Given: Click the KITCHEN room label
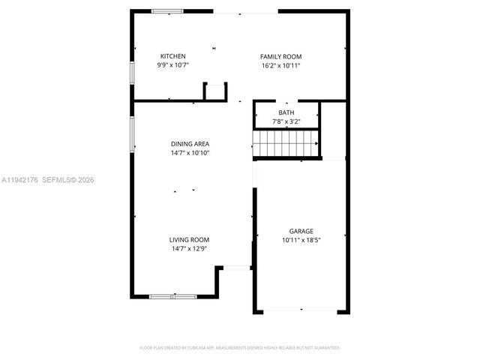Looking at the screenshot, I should pyautogui.click(x=172, y=56).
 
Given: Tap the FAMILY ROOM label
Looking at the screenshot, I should pyautogui.click(x=280, y=56).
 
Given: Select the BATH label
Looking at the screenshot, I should pyautogui.click(x=286, y=112).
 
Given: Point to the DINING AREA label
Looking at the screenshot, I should pyautogui.click(x=190, y=143).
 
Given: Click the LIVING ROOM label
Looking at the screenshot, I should pyautogui.click(x=189, y=239).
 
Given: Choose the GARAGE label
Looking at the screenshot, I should pyautogui.click(x=301, y=231).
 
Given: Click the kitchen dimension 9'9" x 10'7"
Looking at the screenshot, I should pyautogui.click(x=172, y=65).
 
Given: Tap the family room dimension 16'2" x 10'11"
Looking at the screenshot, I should pyautogui.click(x=280, y=65).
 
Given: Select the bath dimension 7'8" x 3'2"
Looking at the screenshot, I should pyautogui.click(x=286, y=121).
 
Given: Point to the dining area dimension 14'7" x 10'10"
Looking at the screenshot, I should pyautogui.click(x=190, y=152).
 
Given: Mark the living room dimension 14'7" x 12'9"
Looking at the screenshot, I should pyautogui.click(x=189, y=248).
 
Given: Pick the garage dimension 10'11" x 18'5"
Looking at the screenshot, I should pyautogui.click(x=301, y=240).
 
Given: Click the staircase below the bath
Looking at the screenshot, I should pyautogui.click(x=286, y=142).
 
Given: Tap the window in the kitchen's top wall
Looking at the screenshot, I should pyautogui.click(x=167, y=11).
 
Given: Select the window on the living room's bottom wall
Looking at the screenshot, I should pyautogui.click(x=172, y=297).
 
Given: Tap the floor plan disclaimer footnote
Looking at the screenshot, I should pyautogui.click(x=240, y=348).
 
